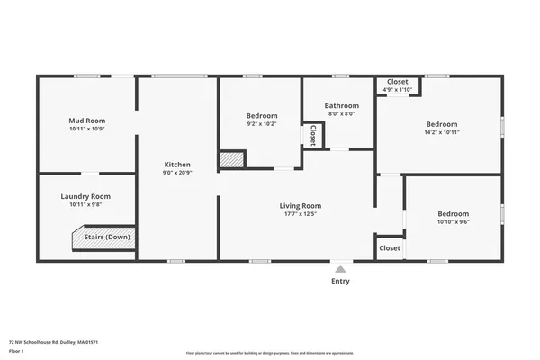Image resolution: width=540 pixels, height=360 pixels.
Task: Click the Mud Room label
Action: pos(87,121)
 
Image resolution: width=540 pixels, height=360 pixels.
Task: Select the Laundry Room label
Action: pos(85,196)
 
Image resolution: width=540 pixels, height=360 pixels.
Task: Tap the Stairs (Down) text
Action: pos(107,238)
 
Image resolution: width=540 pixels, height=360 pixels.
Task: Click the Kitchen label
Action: pos(176,164)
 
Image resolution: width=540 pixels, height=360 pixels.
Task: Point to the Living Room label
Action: pos(300,206)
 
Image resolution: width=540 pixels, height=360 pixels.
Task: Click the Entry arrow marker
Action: pos(340,267)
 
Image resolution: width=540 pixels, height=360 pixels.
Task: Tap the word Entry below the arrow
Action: pos(340,281)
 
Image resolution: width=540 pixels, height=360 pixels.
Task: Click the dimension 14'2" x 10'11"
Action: pos(441,132)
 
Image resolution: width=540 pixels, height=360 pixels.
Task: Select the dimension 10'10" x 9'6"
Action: pos(453,221)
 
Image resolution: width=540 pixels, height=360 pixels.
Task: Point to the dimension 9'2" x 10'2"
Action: pos(262,124)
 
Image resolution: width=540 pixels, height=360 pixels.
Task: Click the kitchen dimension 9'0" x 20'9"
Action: pos(176,172)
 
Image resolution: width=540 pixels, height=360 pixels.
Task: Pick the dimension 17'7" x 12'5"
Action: pos(300,214)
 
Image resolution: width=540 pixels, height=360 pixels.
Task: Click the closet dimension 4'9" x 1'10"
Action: pos(397,89)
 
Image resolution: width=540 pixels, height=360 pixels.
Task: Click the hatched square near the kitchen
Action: pos(232,159)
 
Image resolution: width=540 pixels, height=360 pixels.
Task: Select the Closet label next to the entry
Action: pos(390,247)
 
